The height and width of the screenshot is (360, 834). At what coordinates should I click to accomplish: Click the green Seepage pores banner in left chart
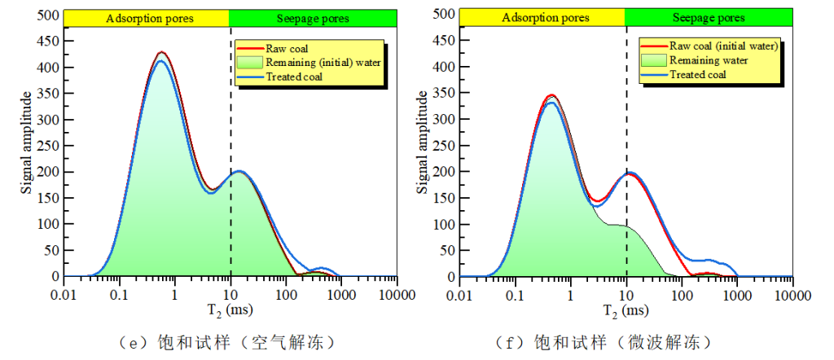pos(313,18)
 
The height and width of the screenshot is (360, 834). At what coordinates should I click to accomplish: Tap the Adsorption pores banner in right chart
pos(543,18)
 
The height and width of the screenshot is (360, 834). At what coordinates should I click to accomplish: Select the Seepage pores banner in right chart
pos(709,18)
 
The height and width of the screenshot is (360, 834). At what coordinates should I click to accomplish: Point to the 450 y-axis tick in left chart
pos(49,41)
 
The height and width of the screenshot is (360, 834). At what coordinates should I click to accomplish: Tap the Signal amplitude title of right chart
pos(423,143)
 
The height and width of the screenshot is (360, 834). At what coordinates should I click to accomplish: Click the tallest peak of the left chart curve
pos(161,52)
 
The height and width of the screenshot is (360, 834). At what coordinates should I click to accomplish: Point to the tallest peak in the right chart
pos(551,95)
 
